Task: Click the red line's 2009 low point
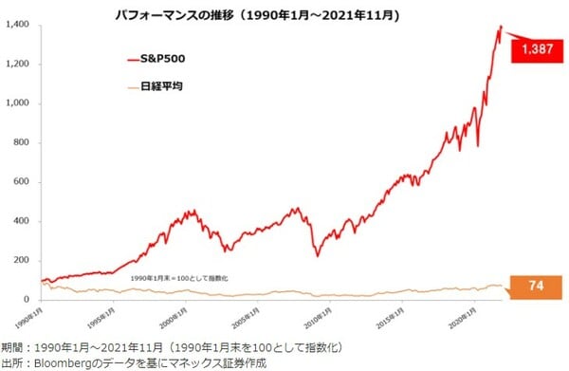point(318,255)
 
